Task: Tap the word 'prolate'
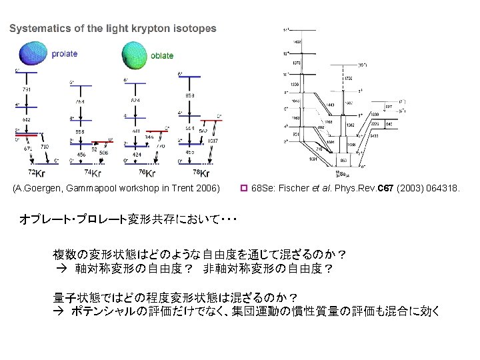(x=65, y=54)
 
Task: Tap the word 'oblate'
(x=162, y=56)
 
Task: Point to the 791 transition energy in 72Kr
(x=26, y=89)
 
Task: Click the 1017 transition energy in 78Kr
(x=213, y=141)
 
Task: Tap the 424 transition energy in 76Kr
(x=137, y=155)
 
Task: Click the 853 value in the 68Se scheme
(x=343, y=161)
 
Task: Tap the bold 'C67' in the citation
(x=386, y=189)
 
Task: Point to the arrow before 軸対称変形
(x=59, y=269)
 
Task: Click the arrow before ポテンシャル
(x=59, y=311)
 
